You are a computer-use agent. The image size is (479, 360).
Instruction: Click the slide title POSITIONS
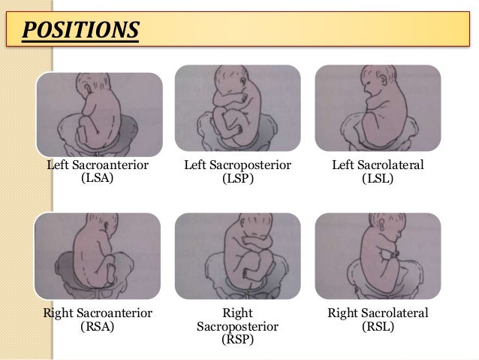pos(80,32)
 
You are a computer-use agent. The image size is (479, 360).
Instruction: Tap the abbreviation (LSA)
pos(97,179)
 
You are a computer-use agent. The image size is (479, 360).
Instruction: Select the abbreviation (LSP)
pos(237,179)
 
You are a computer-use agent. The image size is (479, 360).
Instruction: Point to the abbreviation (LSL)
pos(378,179)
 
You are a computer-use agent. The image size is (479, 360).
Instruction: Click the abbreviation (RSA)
pos(97,326)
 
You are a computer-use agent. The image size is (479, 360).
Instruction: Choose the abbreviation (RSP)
pos(237,339)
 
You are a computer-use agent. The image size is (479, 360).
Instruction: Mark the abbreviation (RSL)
pos(378,326)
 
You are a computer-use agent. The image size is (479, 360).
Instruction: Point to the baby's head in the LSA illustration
pos(95,93)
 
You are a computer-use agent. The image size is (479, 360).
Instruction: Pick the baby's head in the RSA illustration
pos(95,229)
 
